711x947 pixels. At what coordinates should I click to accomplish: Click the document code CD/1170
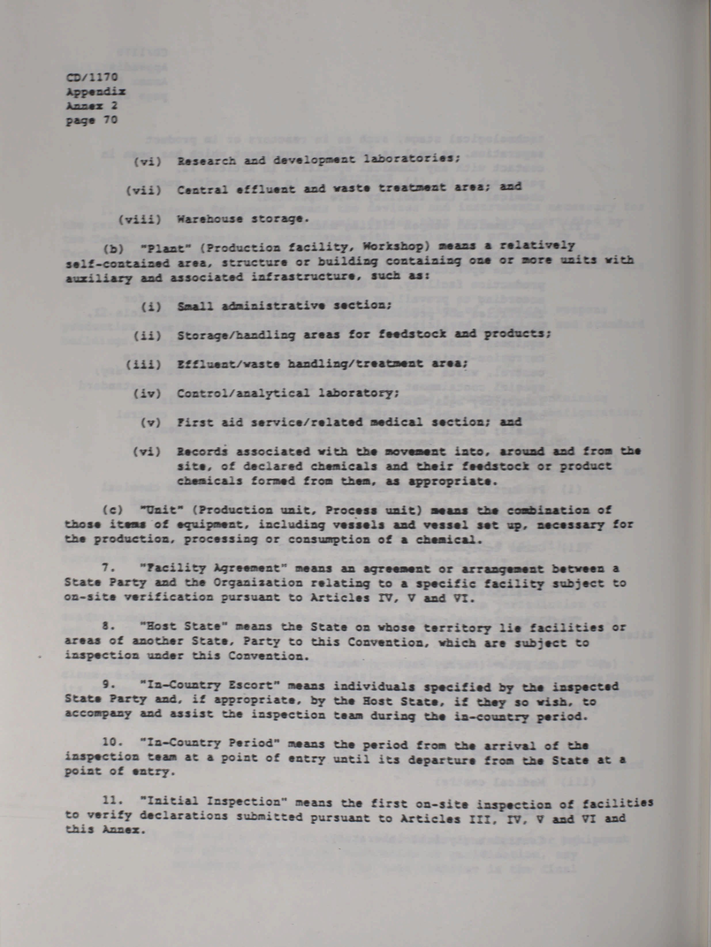(91, 77)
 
